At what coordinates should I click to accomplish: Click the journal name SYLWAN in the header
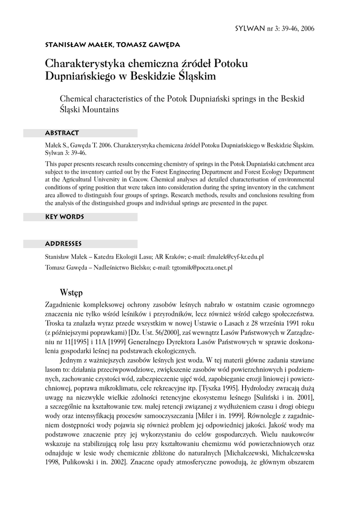[250, 28]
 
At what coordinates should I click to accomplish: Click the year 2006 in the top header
[306, 28]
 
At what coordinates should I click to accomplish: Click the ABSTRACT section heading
[62, 133]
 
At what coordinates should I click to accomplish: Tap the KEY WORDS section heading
[64, 217]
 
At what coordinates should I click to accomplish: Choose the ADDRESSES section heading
[63, 244]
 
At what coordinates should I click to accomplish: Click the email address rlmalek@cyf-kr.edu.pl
[235, 257]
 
